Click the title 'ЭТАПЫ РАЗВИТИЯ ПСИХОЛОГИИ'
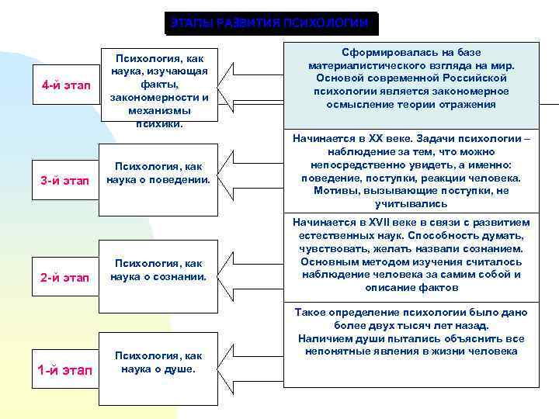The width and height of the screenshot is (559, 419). coord(270,23)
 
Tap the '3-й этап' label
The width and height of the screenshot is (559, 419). coord(64,181)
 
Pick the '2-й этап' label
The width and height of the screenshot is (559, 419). coord(64,278)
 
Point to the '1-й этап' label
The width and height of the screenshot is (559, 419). coord(64,370)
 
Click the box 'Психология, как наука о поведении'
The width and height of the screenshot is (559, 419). coord(159,174)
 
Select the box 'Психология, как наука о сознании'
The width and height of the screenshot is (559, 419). coord(159,270)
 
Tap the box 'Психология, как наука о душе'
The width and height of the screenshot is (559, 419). coord(159,362)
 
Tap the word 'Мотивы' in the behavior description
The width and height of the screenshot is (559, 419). coord(333,191)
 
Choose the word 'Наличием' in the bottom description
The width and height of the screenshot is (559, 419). coord(322,338)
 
